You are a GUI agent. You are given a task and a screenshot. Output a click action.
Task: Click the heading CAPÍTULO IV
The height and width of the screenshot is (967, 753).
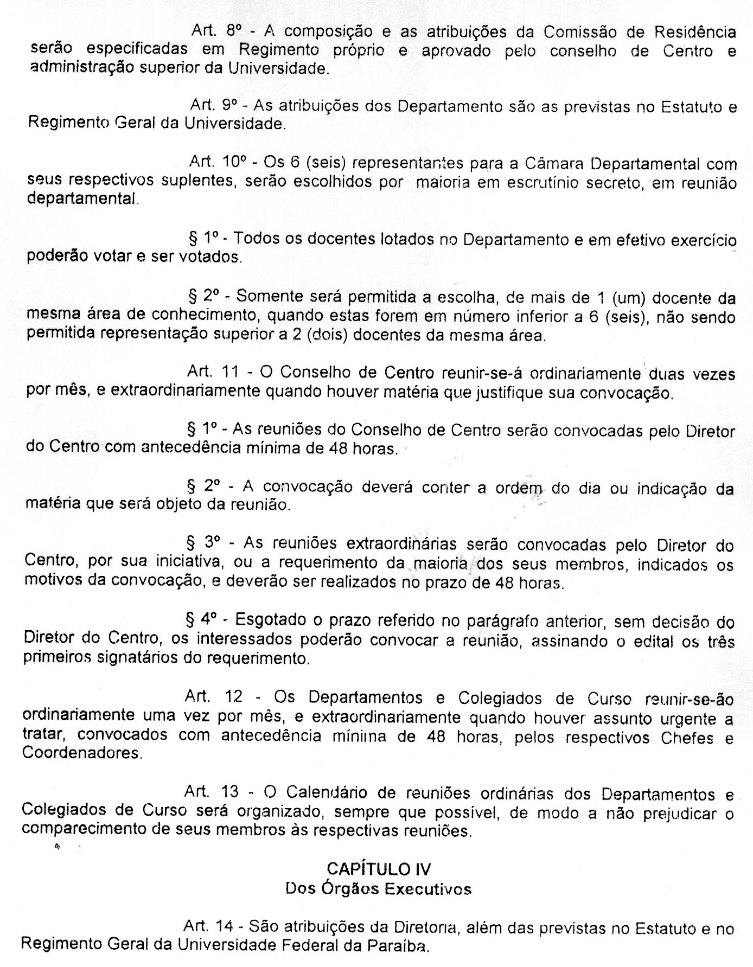[378, 869]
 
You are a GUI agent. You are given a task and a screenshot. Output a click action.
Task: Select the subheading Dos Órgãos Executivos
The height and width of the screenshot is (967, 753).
[378, 889]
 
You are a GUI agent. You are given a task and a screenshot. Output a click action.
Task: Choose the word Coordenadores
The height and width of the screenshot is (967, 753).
[81, 753]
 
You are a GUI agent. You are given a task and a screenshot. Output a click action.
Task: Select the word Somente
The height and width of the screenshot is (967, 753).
[272, 297]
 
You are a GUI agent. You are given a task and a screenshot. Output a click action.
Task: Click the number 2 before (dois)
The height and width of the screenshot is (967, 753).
[296, 335]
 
